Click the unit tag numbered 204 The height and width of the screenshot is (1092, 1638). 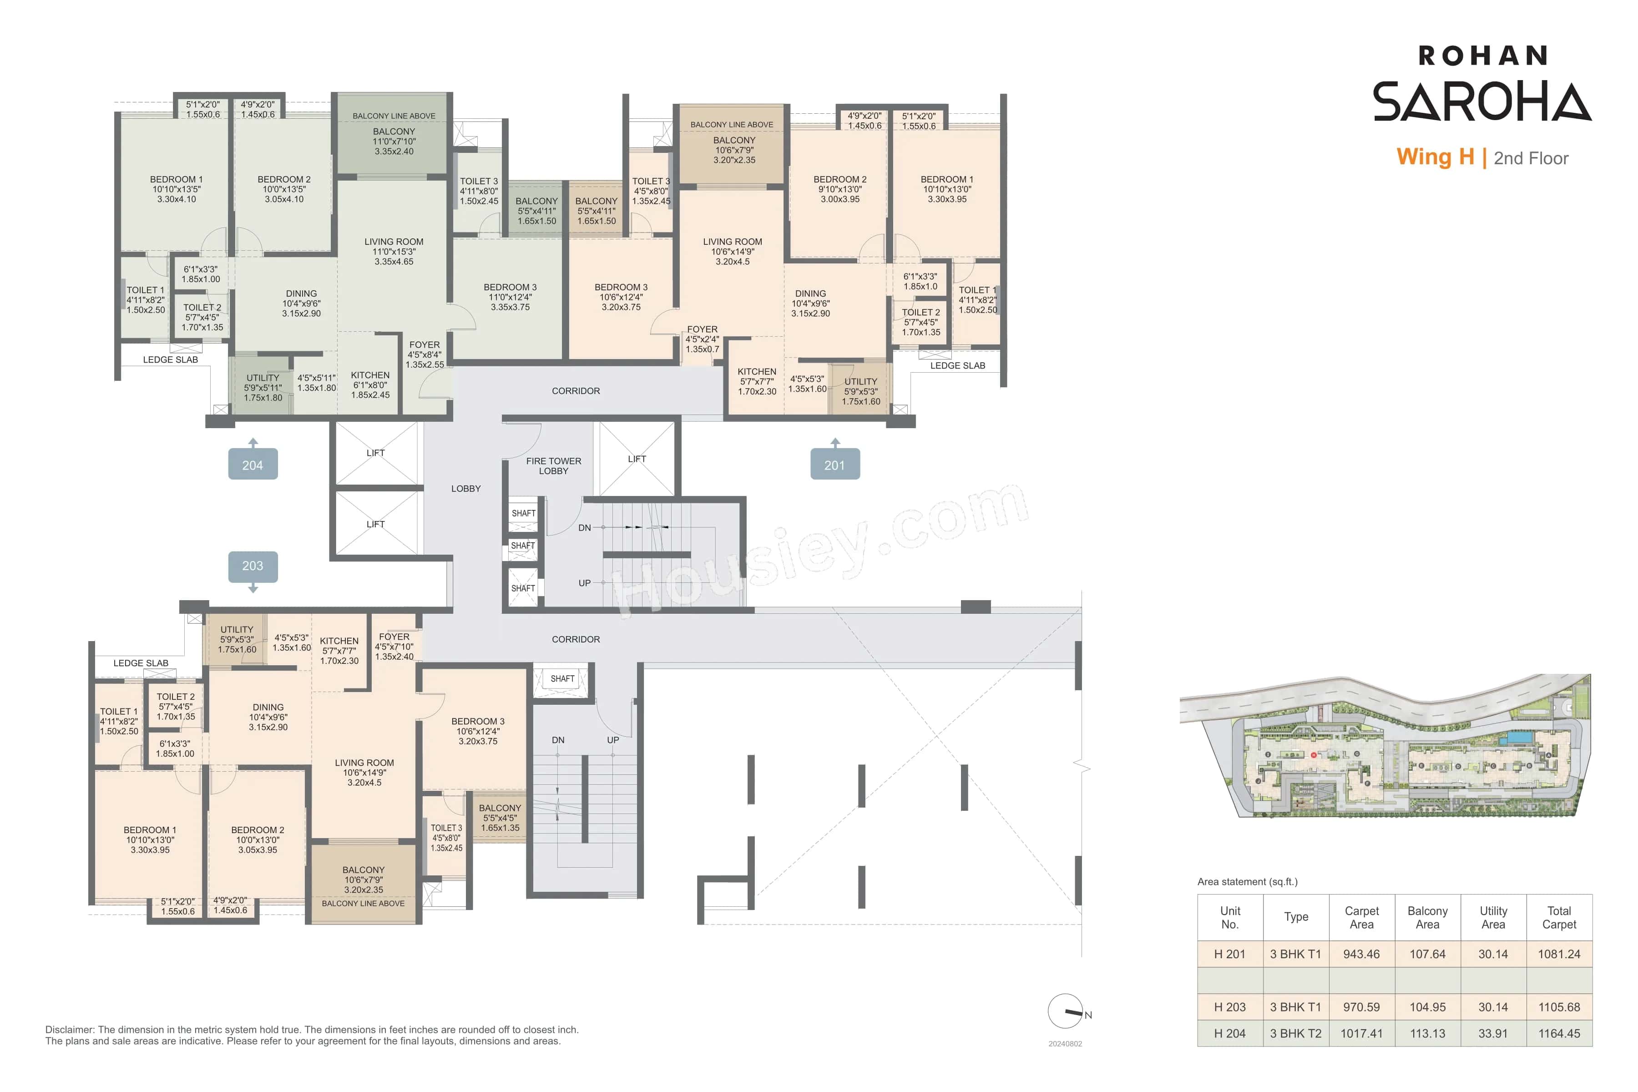[x=253, y=465]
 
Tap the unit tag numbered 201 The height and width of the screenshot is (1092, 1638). [x=834, y=465]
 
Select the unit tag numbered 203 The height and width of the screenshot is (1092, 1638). [x=253, y=566]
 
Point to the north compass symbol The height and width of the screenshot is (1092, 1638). [x=1066, y=1011]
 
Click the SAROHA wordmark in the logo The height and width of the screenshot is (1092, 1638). [x=1481, y=101]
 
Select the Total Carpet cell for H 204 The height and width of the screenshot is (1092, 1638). [x=1559, y=1033]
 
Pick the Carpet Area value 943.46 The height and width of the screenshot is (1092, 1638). [x=1361, y=954]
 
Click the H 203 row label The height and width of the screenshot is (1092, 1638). [x=1229, y=1007]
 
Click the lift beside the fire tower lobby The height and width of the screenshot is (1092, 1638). [x=637, y=459]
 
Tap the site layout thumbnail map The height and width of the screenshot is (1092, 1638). [x=1385, y=747]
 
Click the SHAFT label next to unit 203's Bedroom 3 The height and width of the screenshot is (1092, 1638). [x=562, y=679]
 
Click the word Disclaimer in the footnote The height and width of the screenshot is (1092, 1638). [x=70, y=1029]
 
